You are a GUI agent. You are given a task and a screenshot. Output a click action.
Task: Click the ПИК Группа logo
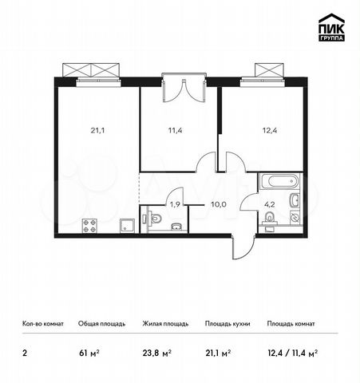pyautogui.click(x=331, y=27)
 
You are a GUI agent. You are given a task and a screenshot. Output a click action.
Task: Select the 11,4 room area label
pyautogui.click(x=176, y=130)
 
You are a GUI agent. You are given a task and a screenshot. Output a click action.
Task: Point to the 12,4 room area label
pyautogui.click(x=270, y=130)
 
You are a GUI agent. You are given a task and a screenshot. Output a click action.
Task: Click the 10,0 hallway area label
pyautogui.click(x=219, y=204)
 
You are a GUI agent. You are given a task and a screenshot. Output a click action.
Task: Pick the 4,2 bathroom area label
pyautogui.click(x=269, y=205)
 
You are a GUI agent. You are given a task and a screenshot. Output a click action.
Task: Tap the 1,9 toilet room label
pyautogui.click(x=175, y=204)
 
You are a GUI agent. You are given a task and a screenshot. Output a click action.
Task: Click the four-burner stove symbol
pyautogui.click(x=89, y=226)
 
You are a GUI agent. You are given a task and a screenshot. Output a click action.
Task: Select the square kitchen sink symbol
pyautogui.click(x=128, y=226)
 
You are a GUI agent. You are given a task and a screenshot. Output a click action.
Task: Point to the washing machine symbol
pyautogui.click(x=295, y=217)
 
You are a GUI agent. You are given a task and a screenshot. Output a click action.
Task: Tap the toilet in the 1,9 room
pyautogui.click(x=153, y=218)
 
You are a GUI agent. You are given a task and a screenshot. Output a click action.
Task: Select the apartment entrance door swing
pyautogui.click(x=243, y=247)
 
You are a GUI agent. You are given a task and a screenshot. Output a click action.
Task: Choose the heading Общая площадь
pyautogui.click(x=102, y=324)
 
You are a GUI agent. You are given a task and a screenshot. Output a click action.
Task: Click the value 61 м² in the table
pyautogui.click(x=89, y=353)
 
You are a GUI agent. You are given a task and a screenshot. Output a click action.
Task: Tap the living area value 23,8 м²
pyautogui.click(x=157, y=353)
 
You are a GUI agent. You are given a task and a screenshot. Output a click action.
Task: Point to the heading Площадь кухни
pyautogui.click(x=227, y=324)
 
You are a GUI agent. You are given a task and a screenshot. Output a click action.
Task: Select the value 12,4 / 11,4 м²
pyautogui.click(x=292, y=353)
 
